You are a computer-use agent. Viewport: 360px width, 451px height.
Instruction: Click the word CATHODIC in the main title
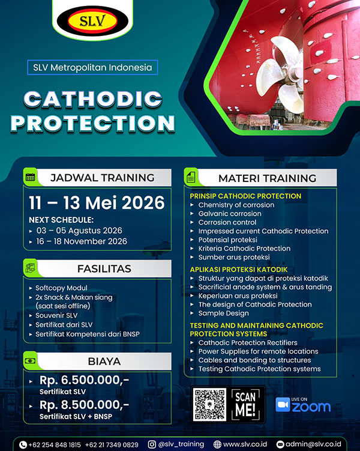(x=93, y=99)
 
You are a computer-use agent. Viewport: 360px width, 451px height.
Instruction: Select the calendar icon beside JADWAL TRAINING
(x=31, y=177)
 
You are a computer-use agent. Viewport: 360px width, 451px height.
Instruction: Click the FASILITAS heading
(x=102, y=268)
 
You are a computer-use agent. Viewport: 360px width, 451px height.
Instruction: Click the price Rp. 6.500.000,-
(x=84, y=381)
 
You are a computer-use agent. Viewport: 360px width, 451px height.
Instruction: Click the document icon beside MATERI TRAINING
(x=191, y=177)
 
